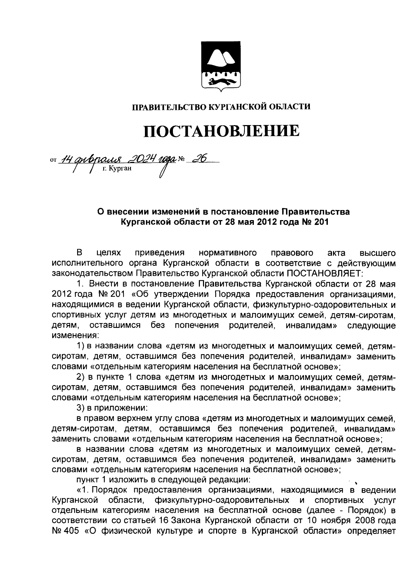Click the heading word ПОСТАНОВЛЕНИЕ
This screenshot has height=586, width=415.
pyautogui.click(x=221, y=131)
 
